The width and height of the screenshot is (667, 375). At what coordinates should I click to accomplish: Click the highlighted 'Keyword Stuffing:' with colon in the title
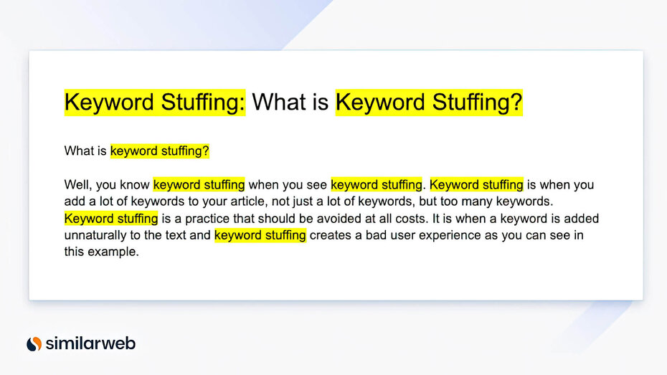(x=155, y=103)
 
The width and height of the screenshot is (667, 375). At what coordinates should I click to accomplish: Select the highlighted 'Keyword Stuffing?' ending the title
(x=429, y=103)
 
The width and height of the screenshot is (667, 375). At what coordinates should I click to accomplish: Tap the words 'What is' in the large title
(x=290, y=103)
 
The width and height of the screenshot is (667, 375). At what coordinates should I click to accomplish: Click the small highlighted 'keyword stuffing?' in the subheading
(x=159, y=151)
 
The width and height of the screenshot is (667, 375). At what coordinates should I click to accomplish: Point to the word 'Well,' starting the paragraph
(x=77, y=185)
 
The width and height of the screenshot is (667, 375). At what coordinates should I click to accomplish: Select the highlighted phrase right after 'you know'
(x=199, y=185)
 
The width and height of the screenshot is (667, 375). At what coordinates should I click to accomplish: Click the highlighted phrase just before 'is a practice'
(x=111, y=218)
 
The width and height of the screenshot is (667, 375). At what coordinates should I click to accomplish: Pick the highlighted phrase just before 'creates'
(x=260, y=235)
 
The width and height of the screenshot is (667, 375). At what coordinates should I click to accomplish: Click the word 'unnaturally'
(x=95, y=235)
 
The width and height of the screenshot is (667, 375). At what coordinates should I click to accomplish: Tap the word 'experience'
(x=441, y=235)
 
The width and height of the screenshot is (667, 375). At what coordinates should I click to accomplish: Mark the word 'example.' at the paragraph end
(x=114, y=252)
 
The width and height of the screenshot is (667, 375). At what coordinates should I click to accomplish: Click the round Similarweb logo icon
(x=34, y=344)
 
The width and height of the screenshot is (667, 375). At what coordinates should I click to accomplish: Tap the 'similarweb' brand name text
(x=90, y=344)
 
